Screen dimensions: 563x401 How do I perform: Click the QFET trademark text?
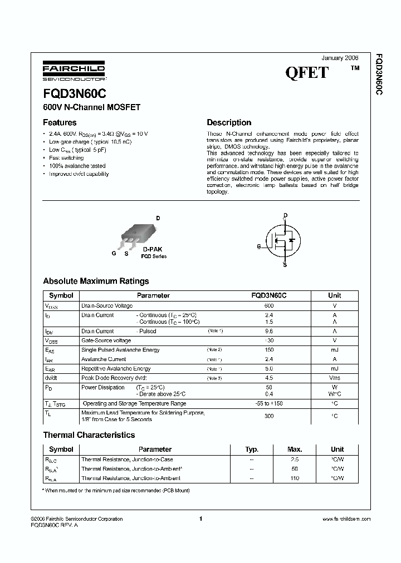coord(307,73)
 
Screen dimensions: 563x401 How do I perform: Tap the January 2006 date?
coord(340,58)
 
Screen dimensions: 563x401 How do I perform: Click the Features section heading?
coord(60,122)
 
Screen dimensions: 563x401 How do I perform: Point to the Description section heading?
coord(229,122)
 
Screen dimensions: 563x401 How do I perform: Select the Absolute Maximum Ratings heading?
coord(96,281)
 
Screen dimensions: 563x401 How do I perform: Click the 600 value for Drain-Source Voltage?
coord(269,306)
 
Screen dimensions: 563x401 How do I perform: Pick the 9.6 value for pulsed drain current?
coord(269,331)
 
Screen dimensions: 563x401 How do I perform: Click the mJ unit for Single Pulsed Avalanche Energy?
coord(334,350)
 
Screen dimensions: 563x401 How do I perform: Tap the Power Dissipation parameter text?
coord(103,387)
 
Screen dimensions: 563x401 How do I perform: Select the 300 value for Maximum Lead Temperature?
coord(269,416)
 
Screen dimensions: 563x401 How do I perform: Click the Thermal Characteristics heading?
coord(89,435)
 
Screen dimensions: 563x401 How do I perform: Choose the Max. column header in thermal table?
coord(295,449)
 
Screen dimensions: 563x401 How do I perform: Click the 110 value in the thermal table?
coord(295,478)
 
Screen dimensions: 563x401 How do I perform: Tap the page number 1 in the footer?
coord(200,518)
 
